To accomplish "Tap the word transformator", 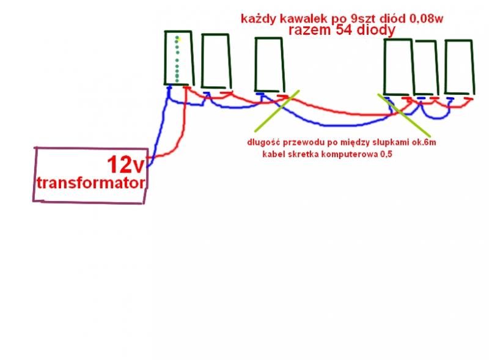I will [91, 183].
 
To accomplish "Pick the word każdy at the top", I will [257, 19].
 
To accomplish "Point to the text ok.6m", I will [425, 143].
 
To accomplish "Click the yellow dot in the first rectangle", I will [178, 38].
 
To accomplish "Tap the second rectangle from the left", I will [215, 61].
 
